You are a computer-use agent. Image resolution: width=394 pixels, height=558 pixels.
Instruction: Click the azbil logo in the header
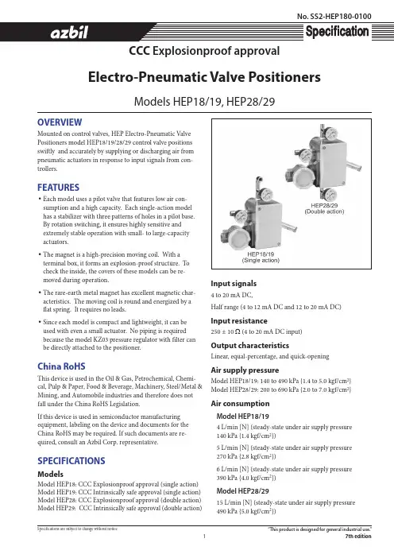click(69, 33)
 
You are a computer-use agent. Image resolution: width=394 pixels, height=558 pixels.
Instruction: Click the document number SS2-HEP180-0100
click(334, 17)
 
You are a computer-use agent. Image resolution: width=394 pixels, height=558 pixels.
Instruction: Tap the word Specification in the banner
click(337, 31)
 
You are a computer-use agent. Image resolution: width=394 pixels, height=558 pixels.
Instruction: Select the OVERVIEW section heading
click(60, 122)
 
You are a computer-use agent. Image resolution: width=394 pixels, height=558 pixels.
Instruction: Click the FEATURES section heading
click(58, 187)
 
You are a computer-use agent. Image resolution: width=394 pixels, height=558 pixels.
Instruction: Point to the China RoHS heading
click(61, 366)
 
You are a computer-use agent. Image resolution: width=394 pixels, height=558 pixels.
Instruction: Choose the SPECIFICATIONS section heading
click(71, 460)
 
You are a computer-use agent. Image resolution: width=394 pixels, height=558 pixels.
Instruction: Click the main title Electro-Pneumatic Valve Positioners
click(204, 77)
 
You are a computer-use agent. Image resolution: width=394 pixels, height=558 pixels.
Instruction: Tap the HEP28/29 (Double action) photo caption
click(324, 208)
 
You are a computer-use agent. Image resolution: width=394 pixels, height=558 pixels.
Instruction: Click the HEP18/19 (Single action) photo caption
click(261, 258)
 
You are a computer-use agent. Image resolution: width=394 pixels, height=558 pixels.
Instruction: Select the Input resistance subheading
click(239, 320)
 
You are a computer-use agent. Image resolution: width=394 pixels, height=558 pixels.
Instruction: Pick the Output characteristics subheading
click(250, 345)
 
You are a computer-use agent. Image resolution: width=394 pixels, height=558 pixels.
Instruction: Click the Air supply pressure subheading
click(245, 370)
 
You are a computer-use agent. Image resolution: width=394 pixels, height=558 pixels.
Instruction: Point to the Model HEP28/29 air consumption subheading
click(242, 491)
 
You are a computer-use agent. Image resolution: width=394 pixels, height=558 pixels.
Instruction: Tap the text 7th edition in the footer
click(358, 537)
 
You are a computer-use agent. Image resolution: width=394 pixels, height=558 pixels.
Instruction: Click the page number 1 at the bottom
click(204, 536)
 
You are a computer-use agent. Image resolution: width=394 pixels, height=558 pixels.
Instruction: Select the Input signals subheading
click(234, 284)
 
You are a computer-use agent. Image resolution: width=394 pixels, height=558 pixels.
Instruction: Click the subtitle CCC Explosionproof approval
click(204, 51)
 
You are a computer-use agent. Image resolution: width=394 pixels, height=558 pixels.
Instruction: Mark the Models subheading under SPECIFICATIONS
click(51, 474)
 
